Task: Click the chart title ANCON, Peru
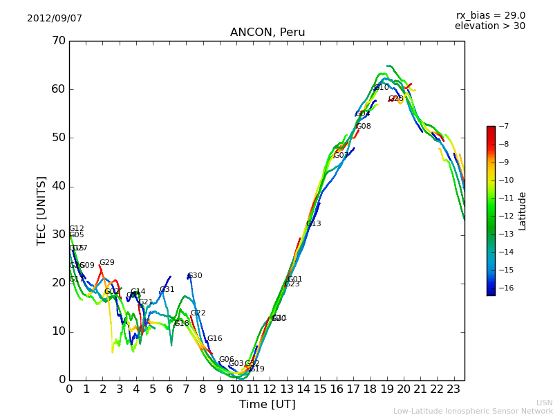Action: point(268,33)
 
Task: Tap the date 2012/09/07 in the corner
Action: point(55,19)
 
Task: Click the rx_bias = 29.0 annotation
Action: point(491,15)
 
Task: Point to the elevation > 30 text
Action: point(490,26)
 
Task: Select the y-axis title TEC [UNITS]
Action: point(41,210)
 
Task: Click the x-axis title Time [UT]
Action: point(268,405)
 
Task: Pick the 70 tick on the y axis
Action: point(58,41)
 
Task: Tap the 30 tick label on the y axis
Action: point(58,234)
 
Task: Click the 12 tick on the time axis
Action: point(270,389)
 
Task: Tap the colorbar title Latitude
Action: point(523,211)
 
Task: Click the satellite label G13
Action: point(314,224)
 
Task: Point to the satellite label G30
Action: point(195,276)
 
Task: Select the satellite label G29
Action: point(107,263)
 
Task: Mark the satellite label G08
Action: point(364,127)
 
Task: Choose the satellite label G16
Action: point(215,339)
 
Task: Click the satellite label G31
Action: point(167,290)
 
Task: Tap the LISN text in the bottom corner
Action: point(544,403)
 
